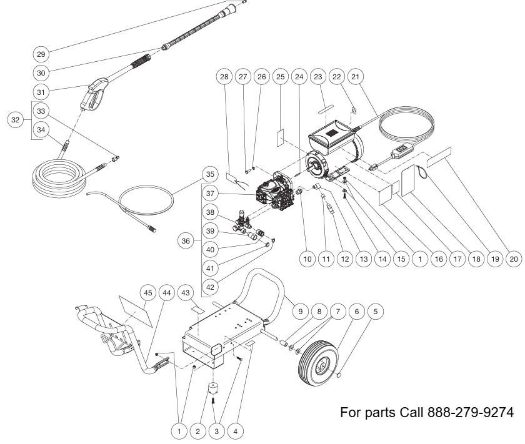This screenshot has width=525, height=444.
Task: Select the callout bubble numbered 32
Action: (16, 119)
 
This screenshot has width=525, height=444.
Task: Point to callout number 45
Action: (147, 293)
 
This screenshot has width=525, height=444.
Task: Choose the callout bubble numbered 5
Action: (376, 310)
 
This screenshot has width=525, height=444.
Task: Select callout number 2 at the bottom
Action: (198, 431)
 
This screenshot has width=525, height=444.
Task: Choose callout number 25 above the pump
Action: (281, 77)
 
